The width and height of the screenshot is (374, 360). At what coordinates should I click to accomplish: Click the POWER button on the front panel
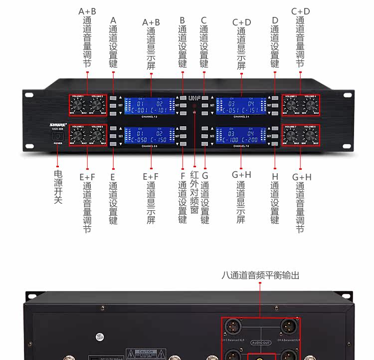(58, 136)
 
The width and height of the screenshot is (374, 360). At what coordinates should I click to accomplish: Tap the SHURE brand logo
(58, 125)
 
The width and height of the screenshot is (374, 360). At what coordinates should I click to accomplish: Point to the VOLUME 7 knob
(290, 135)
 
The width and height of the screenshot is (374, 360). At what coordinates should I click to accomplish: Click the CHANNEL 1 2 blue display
(150, 106)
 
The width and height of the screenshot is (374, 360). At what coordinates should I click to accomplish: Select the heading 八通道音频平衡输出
(261, 275)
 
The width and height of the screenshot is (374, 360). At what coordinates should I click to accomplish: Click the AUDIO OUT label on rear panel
(260, 343)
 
